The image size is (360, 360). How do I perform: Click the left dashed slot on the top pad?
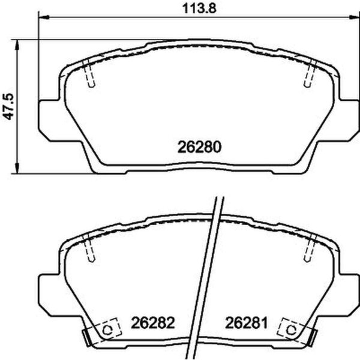90,75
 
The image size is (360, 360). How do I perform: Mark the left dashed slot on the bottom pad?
90,249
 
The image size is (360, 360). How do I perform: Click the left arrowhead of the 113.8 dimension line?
43,19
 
